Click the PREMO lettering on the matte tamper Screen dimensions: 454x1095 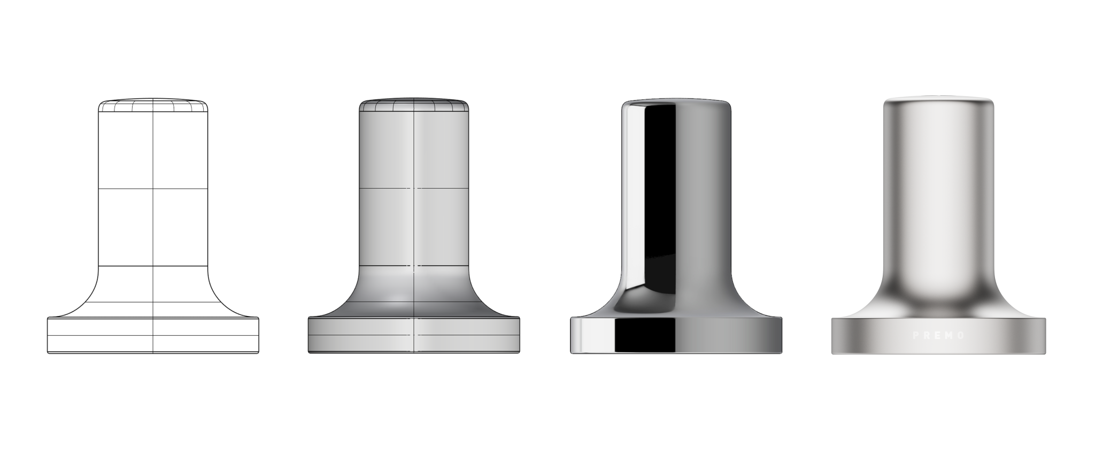coord(938,336)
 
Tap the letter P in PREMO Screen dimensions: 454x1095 coord(915,336)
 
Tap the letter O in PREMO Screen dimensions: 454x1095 coord(962,336)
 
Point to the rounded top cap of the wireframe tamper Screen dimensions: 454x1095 coord(153,105)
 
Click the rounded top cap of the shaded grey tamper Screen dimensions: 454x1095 coord(414,105)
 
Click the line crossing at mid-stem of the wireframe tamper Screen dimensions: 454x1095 coord(153,188)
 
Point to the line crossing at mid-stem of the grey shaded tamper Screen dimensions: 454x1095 coord(414,188)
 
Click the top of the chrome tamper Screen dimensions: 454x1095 coord(676,102)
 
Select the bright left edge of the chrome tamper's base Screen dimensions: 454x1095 coord(574,336)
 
